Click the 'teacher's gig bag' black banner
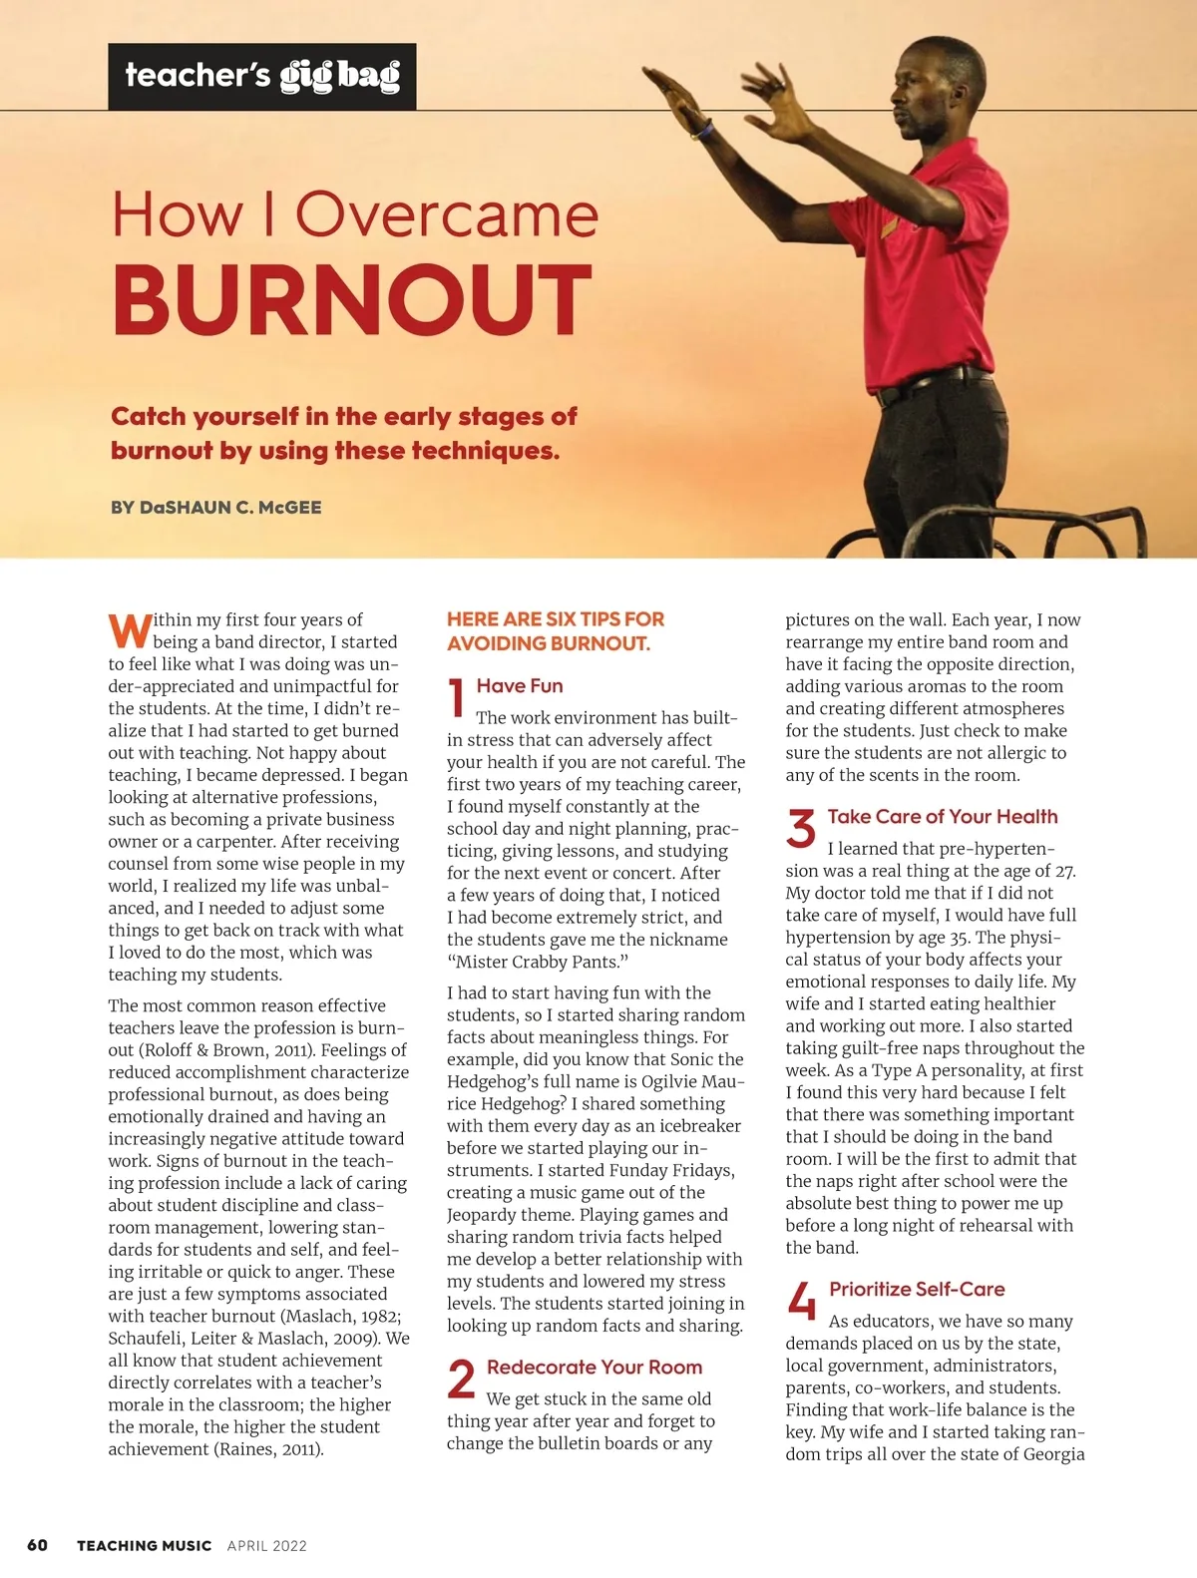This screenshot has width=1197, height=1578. pos(262,77)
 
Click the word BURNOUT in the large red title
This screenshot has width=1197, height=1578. pos(351,300)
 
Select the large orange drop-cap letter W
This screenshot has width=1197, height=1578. pos(130,630)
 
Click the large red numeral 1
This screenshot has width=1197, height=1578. pos(457,697)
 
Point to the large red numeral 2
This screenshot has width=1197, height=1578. pos(461,1380)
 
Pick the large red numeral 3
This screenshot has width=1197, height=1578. pos(801,829)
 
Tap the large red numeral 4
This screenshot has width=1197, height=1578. pos(802,1301)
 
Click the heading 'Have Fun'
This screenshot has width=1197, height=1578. pos(520,686)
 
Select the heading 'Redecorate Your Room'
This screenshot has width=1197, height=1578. pos(595,1368)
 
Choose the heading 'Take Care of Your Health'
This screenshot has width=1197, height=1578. pos(943,817)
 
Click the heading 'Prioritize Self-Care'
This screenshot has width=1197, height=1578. pos(917,1290)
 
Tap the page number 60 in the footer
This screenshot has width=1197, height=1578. pos(37,1545)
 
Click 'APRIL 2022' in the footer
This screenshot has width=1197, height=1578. pos(267,1546)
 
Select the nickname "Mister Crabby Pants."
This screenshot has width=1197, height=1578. pos(538,962)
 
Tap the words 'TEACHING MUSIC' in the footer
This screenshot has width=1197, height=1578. pos(145,1546)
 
